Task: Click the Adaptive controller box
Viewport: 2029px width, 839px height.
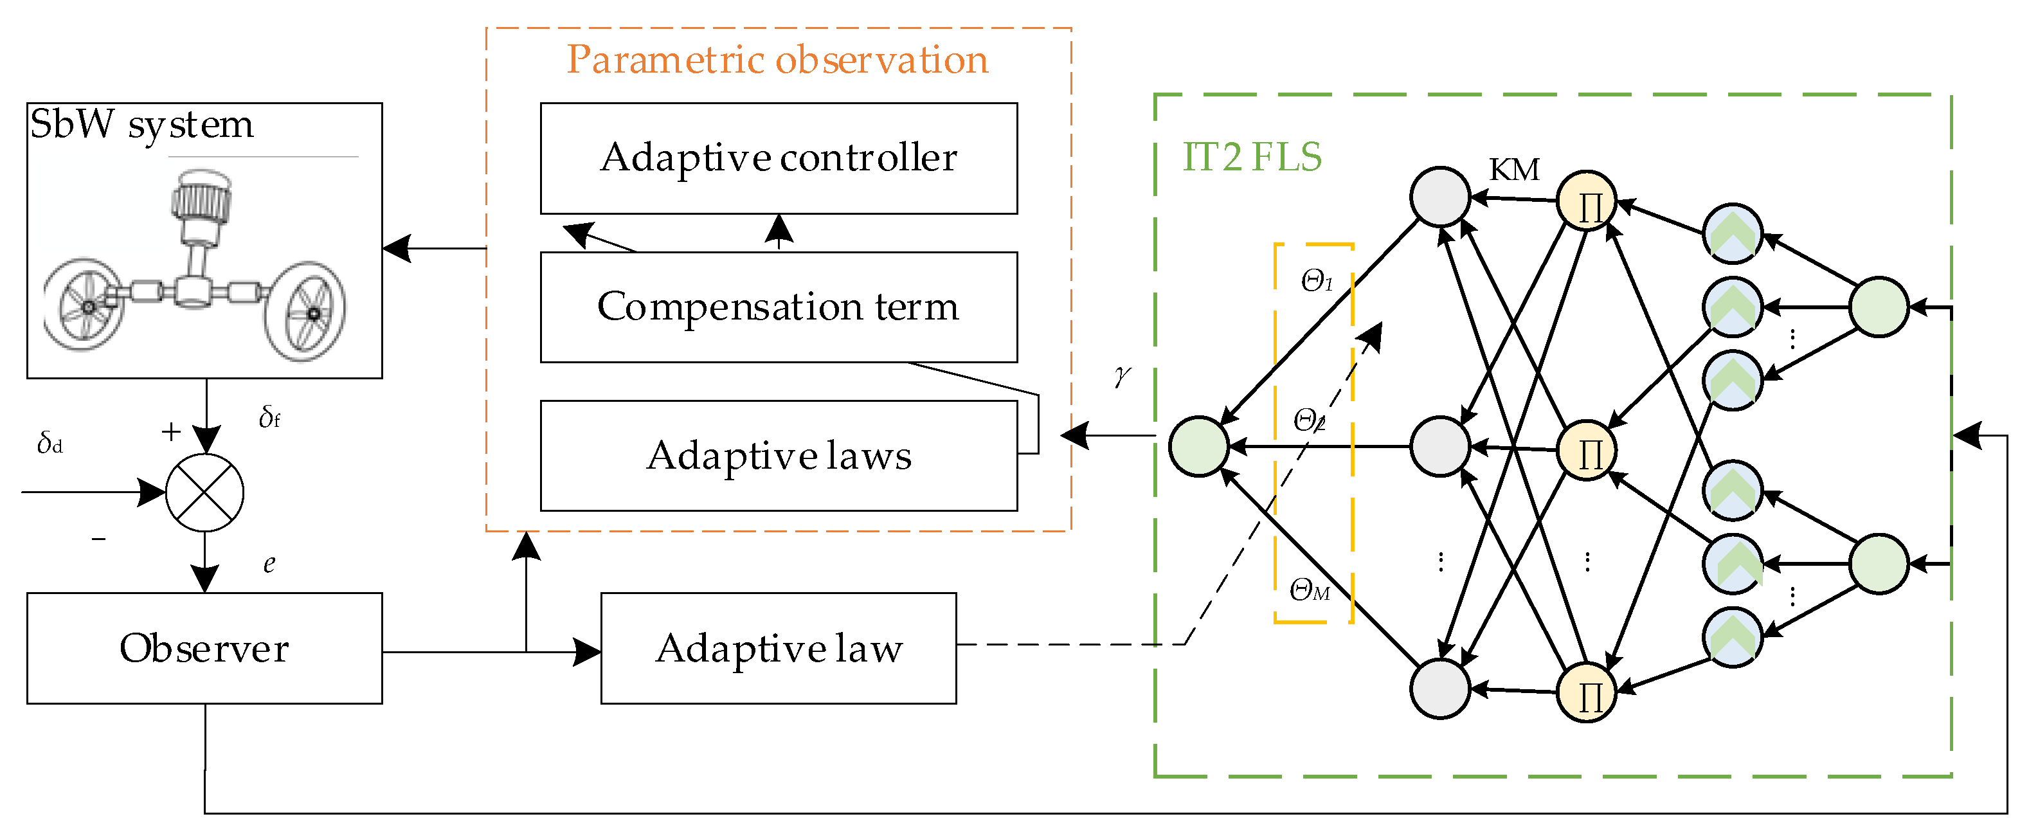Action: click(x=778, y=158)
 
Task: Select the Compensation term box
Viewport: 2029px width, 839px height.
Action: click(x=778, y=307)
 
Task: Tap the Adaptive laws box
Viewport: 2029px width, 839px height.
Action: click(x=778, y=456)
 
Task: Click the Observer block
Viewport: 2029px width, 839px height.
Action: click(x=205, y=648)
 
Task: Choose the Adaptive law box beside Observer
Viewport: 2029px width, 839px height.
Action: click(x=778, y=648)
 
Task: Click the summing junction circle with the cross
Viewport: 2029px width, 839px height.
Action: click(x=205, y=493)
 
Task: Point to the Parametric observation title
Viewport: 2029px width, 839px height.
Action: click(x=777, y=59)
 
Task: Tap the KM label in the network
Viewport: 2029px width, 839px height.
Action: click(x=1514, y=169)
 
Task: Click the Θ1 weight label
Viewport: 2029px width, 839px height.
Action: click(x=1317, y=281)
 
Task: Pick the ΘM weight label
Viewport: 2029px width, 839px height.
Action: click(x=1310, y=590)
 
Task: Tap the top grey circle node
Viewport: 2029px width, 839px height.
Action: click(x=1440, y=197)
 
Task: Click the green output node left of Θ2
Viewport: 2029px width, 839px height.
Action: click(x=1199, y=447)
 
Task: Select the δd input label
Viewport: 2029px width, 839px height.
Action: click(x=50, y=443)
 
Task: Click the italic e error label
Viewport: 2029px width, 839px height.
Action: click(x=269, y=564)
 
